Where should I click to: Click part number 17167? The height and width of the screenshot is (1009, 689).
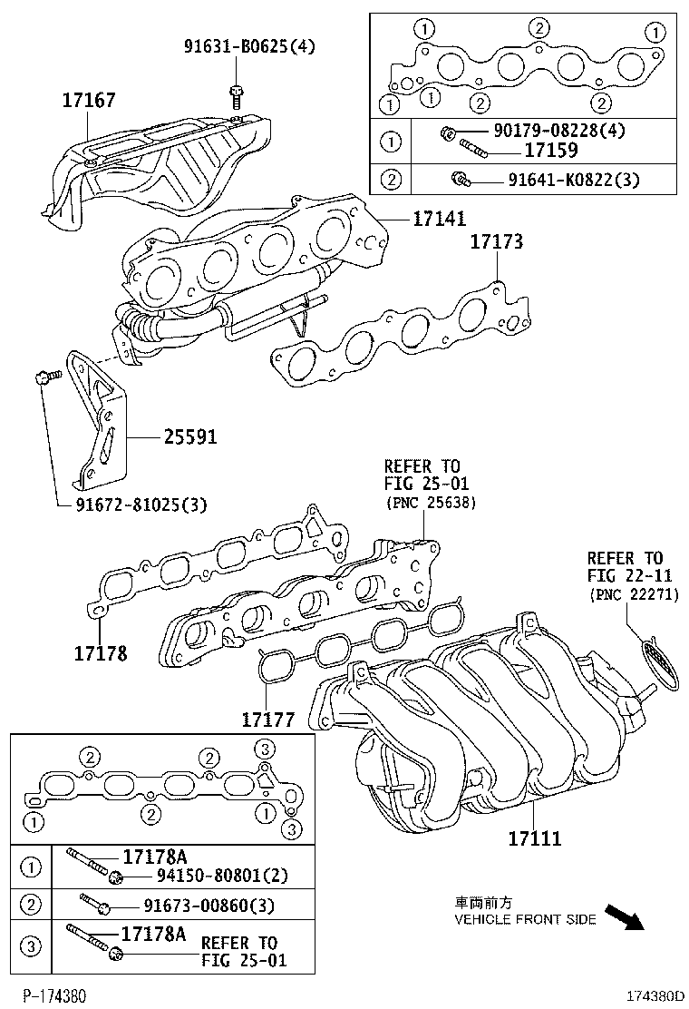(x=89, y=100)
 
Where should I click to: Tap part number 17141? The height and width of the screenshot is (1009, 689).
(x=440, y=219)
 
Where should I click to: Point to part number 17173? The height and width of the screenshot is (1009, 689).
(x=496, y=242)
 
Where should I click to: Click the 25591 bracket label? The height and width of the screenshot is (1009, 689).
(x=190, y=437)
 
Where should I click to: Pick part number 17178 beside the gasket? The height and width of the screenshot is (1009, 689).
(x=100, y=652)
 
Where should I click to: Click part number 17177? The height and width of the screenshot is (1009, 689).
(x=268, y=720)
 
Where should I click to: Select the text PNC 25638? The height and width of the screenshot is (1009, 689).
(x=430, y=502)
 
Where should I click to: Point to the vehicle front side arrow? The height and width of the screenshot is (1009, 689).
(x=623, y=916)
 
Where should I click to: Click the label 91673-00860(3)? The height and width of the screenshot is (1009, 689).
(x=208, y=906)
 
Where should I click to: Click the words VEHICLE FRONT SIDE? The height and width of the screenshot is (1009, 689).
(x=525, y=919)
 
